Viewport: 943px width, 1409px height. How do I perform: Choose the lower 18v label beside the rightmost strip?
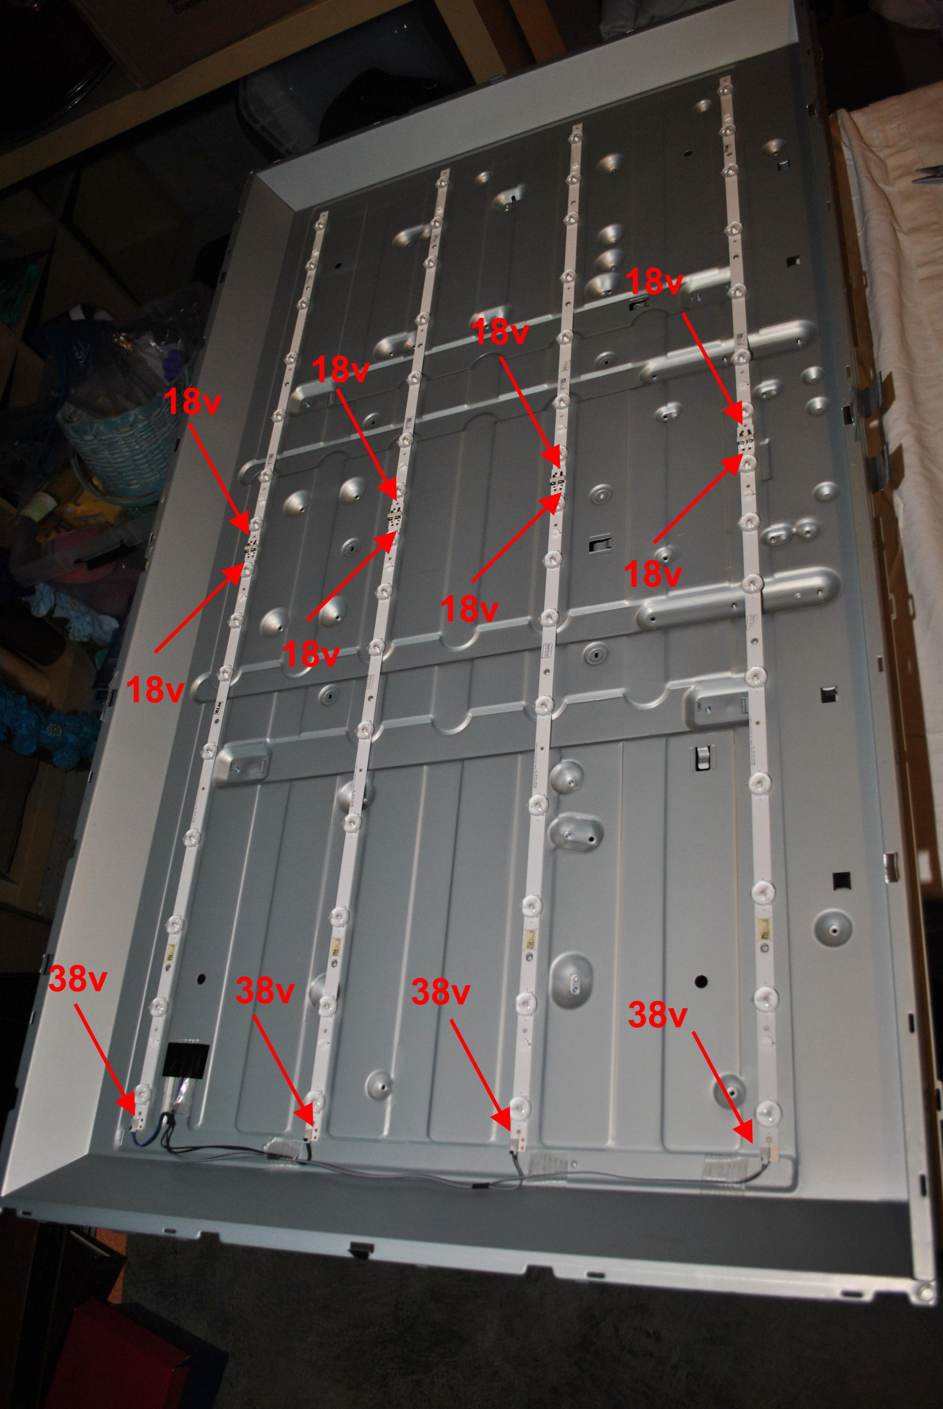pos(653,574)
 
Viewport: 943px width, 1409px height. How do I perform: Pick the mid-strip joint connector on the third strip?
pos(556,479)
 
